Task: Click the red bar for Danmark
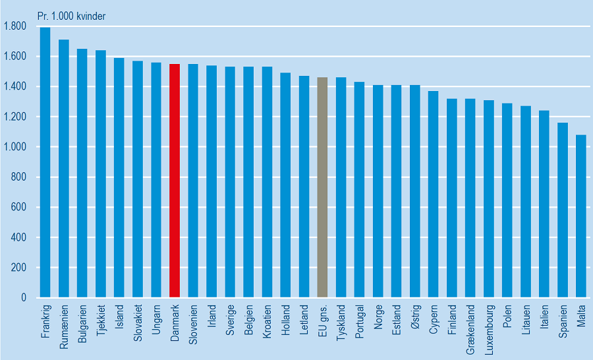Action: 175,181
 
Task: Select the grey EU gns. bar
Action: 322,188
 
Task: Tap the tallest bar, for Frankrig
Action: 45,162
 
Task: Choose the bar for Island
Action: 119,178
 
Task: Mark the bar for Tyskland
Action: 341,188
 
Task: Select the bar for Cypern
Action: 434,195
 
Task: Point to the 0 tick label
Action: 23,298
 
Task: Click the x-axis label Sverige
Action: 230,320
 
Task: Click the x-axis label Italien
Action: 544,318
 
